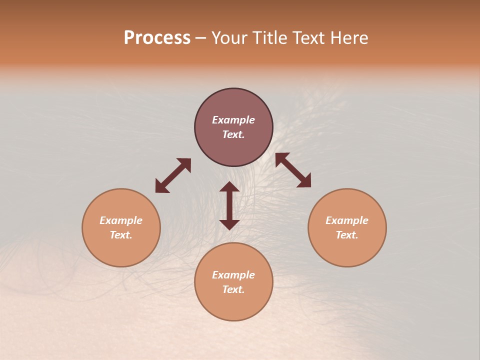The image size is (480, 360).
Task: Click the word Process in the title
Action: (157, 38)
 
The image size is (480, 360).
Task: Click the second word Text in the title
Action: (311, 38)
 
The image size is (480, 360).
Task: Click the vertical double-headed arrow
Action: (229, 205)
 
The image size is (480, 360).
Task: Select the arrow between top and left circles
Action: (173, 175)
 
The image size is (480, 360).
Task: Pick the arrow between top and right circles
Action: (293, 170)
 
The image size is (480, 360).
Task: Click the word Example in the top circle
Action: (233, 120)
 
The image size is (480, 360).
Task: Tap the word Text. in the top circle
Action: (233, 134)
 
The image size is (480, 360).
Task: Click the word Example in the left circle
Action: (121, 220)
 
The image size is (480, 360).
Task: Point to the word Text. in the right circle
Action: (347, 235)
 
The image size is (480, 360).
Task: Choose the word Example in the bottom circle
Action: (233, 275)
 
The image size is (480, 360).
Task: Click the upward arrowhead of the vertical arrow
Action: (229, 187)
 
